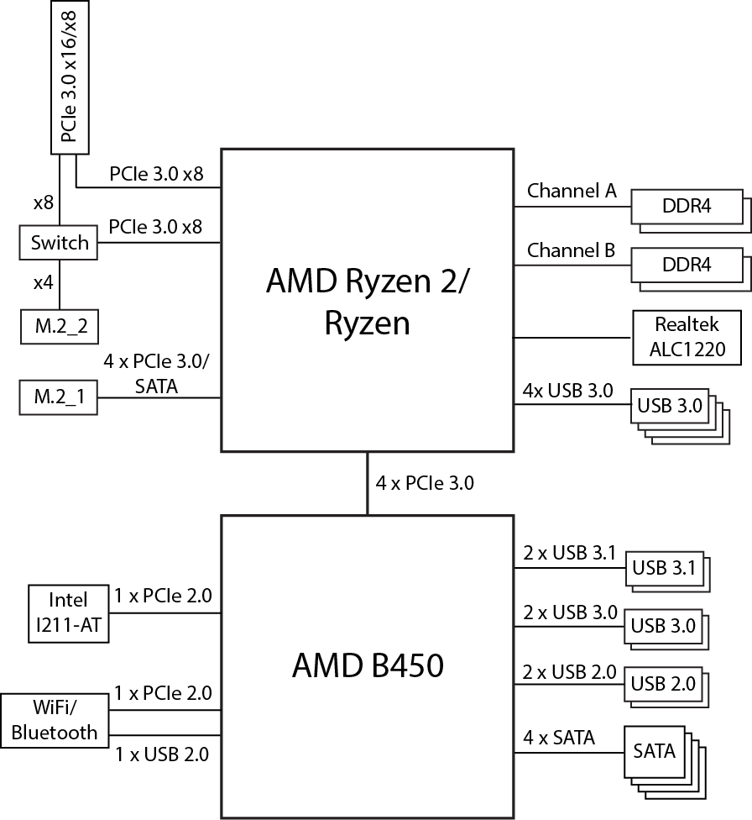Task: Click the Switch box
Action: tap(59, 244)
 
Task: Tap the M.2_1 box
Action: tap(59, 397)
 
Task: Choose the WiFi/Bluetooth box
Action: tap(55, 720)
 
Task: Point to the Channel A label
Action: tap(572, 192)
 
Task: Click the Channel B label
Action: tap(572, 250)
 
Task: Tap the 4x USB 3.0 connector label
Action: tap(567, 391)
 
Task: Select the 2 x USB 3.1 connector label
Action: tap(569, 554)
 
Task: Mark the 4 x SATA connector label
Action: tap(559, 738)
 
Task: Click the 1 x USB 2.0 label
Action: tap(162, 754)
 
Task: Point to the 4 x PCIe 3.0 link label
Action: tap(426, 483)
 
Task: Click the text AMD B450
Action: tap(368, 666)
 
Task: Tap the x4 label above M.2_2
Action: tap(44, 283)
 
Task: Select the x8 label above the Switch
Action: tap(44, 203)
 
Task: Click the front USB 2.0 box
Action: tap(662, 683)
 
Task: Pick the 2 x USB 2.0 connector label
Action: tap(569, 672)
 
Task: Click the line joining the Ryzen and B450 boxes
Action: tap(368, 484)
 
